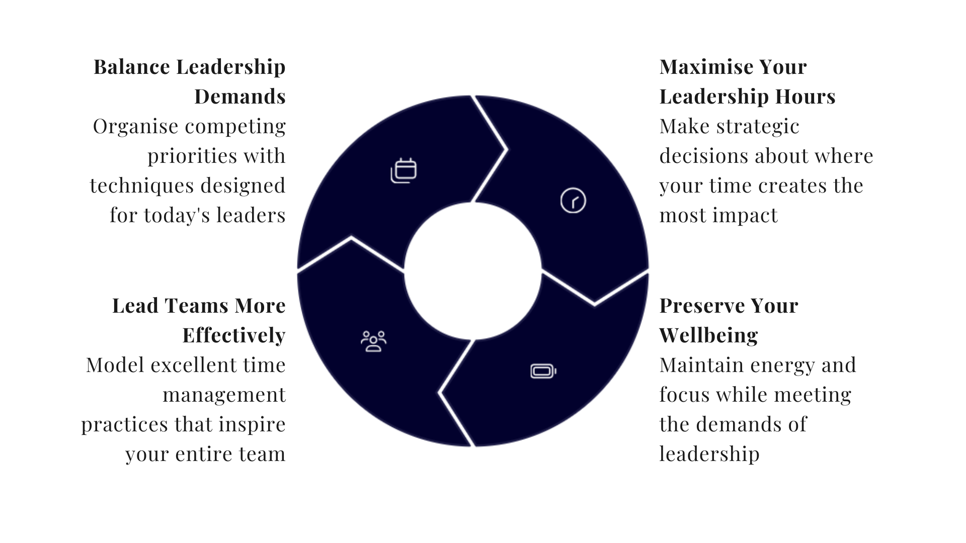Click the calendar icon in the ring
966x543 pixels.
[x=404, y=170]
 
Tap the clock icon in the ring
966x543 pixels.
[x=573, y=201]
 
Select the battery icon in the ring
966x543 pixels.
[x=543, y=372]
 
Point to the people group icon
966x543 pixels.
[x=373, y=341]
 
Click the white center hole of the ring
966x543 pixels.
[x=473, y=271]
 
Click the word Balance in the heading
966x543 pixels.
[x=132, y=67]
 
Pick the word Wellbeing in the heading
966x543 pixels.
[x=708, y=335]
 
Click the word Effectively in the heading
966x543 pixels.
[x=234, y=335]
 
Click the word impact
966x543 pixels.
[x=752, y=215]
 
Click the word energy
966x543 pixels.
[x=785, y=365]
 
